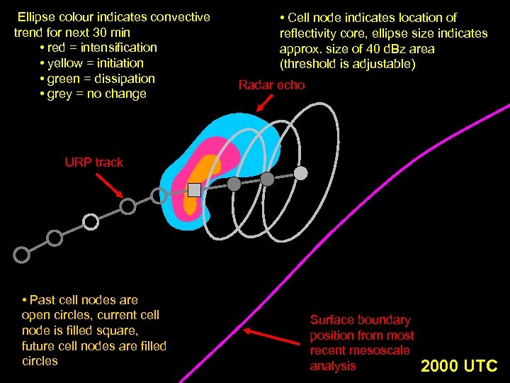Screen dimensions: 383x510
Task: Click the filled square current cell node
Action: tap(194, 189)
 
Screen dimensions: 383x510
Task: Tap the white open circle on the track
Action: tap(91, 222)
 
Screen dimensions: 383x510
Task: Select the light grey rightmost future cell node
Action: tap(301, 173)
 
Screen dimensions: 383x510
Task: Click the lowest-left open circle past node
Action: tap(22, 253)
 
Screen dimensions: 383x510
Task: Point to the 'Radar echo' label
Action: tap(271, 85)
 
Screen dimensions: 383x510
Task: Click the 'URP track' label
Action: tap(93, 162)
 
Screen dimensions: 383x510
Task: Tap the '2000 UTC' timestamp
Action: tap(459, 366)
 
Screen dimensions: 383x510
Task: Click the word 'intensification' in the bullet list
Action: tap(119, 48)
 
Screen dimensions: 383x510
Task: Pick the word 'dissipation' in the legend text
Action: tap(123, 79)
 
